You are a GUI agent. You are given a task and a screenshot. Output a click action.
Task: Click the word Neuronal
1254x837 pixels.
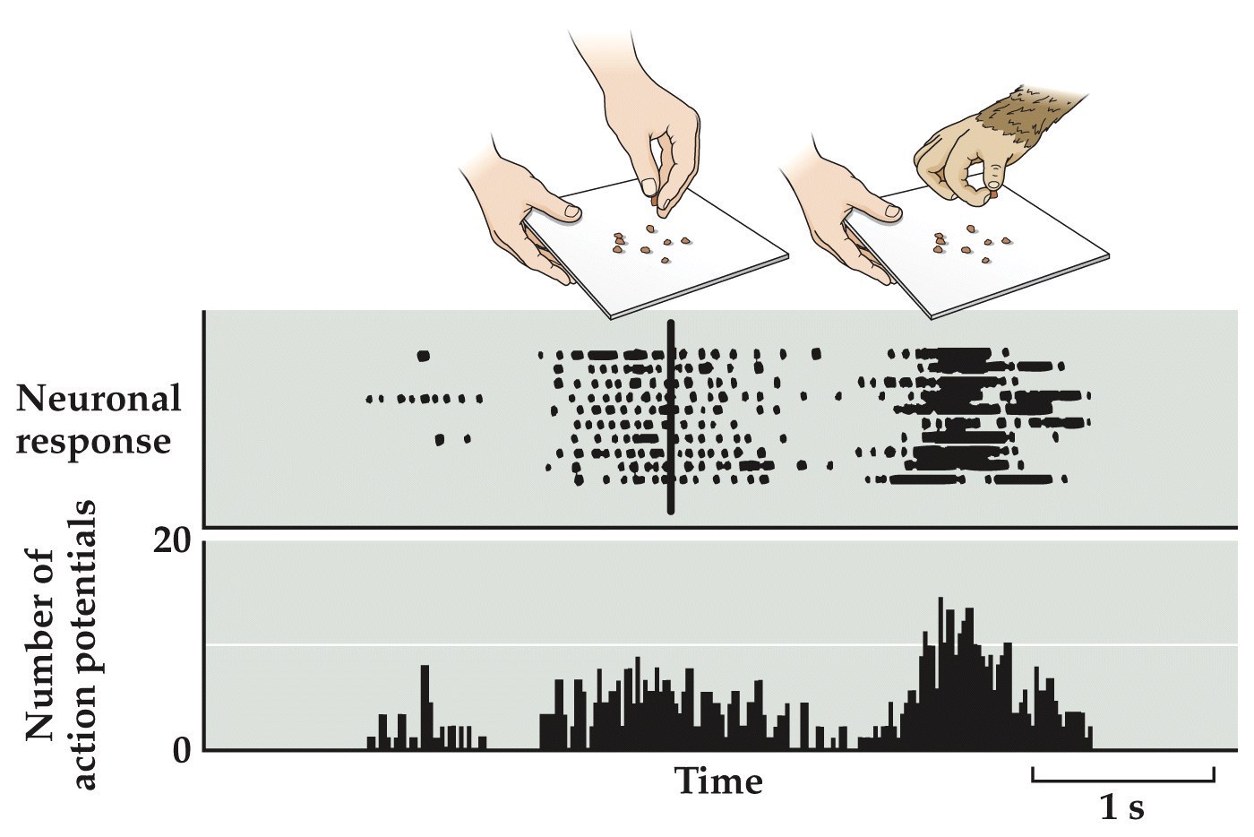tap(98, 398)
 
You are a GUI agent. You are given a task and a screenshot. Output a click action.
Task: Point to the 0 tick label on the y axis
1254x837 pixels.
tap(182, 750)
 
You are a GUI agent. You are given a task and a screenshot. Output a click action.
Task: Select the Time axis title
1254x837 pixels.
tap(718, 781)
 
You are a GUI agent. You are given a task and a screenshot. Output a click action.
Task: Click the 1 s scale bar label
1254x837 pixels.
tap(1121, 809)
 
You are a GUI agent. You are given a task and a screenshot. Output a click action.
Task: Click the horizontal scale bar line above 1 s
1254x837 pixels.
tap(1123, 780)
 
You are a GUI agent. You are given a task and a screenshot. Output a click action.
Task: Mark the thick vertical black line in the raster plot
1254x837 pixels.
tap(670, 418)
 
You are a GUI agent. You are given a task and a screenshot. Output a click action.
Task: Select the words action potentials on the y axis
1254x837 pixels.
tap(84, 645)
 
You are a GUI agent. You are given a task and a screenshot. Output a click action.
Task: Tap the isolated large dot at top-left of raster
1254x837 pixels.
tap(424, 356)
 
